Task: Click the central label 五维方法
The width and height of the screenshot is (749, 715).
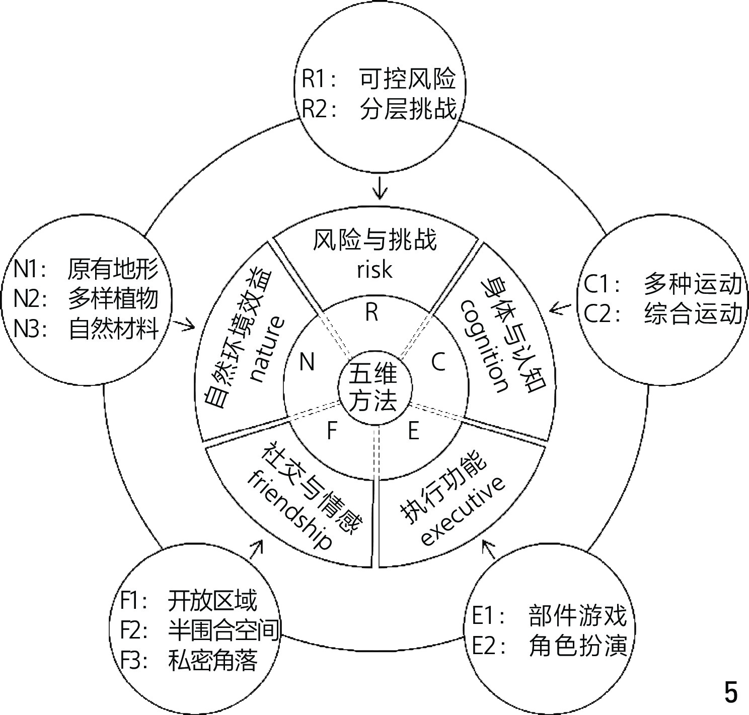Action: tap(373, 388)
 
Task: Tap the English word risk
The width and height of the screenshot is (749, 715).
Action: tap(375, 270)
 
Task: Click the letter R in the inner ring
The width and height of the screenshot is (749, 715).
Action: tap(371, 313)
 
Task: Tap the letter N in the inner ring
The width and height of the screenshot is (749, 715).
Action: tap(307, 361)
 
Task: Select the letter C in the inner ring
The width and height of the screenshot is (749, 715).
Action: tap(438, 361)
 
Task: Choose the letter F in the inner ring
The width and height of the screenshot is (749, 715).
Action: tap(332, 431)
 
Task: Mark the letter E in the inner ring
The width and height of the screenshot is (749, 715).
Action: tap(413, 431)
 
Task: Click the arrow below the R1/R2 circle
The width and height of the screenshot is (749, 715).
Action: tap(380, 190)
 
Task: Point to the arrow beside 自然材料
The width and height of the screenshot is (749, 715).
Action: tap(187, 325)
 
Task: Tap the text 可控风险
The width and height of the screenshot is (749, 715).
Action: tap(407, 79)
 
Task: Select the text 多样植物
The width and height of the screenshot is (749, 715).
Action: tap(113, 299)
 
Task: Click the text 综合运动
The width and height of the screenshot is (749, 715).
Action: tap(693, 313)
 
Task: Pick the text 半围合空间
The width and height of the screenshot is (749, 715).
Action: tap(223, 630)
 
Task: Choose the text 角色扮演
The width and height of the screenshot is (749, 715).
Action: tap(578, 646)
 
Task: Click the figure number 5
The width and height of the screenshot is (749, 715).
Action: tap(730, 692)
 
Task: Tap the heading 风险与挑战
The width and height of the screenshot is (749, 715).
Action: tap(375, 241)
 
